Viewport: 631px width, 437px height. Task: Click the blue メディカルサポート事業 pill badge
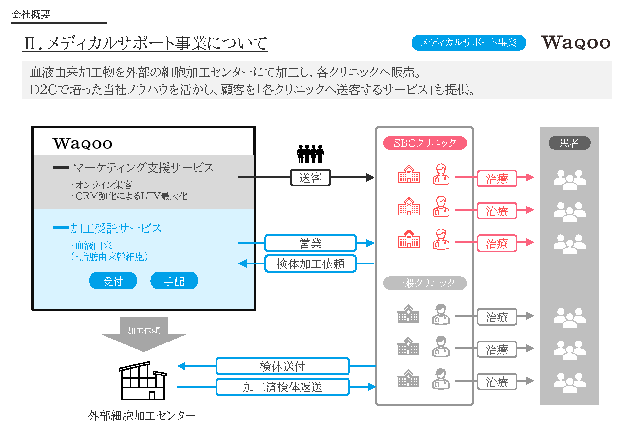(468, 43)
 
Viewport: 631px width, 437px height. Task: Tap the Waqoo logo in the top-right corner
(575, 43)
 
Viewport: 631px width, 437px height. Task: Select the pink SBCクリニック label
(425, 143)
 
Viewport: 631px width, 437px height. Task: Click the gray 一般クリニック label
(425, 283)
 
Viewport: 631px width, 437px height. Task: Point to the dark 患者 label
(569, 143)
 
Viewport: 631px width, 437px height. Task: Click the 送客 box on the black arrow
(310, 178)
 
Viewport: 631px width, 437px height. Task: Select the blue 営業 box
(310, 243)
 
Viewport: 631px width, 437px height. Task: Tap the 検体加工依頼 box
(310, 264)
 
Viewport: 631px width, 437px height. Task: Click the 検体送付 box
(282, 366)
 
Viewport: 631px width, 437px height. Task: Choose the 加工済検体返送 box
(282, 387)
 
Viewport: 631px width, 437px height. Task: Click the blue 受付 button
(113, 281)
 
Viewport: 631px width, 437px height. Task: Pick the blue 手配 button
(174, 281)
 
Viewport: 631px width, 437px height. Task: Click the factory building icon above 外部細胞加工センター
(143, 381)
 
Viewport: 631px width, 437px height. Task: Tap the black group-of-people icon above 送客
(310, 154)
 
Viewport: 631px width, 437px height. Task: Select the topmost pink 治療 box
(497, 178)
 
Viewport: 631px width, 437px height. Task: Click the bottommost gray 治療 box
(497, 382)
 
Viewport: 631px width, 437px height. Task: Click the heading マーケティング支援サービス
(143, 168)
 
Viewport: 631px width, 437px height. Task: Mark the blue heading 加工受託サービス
(116, 228)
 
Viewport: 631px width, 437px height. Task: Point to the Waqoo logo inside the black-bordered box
(83, 143)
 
